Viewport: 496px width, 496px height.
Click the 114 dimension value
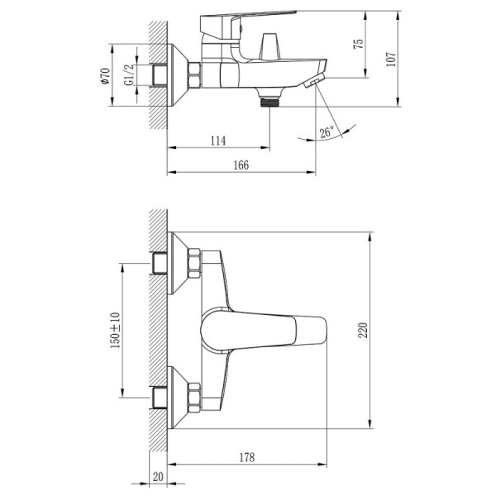click(x=218, y=141)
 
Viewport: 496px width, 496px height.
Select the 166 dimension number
click(x=241, y=165)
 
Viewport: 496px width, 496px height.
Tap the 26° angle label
click(x=327, y=131)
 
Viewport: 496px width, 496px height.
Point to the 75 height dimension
click(x=359, y=44)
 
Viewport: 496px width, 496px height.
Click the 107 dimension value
click(x=391, y=59)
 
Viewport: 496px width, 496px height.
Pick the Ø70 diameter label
click(x=105, y=76)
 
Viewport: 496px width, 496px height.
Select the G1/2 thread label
click(x=129, y=75)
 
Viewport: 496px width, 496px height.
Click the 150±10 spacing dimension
click(x=115, y=330)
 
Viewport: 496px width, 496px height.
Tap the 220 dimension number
click(x=363, y=330)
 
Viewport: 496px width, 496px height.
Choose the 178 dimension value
click(x=246, y=457)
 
